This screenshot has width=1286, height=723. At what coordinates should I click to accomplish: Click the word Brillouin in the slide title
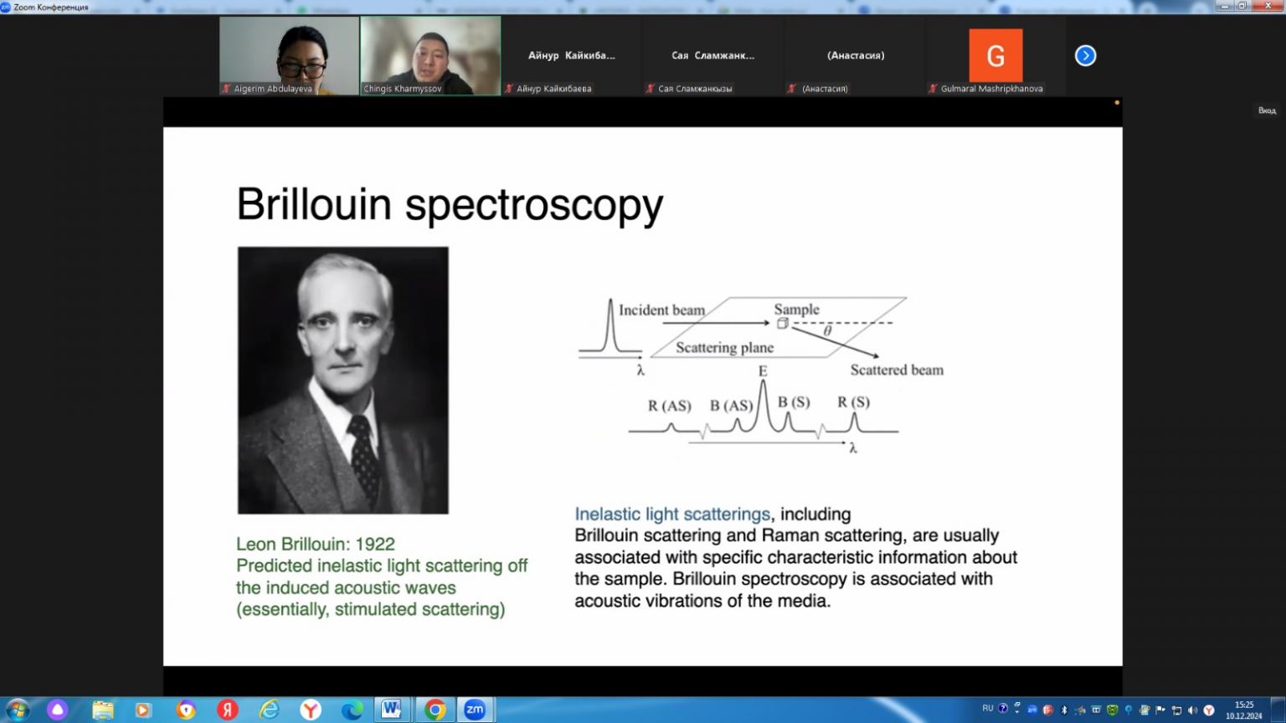point(314,203)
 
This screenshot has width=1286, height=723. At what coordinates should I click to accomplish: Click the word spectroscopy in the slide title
point(534,207)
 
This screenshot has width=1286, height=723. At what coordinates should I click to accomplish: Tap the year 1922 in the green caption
point(375,544)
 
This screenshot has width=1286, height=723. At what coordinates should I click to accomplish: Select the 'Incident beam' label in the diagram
point(662,310)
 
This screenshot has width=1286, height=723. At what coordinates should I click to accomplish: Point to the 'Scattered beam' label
point(897,370)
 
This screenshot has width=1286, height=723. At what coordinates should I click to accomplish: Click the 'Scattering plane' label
point(724,348)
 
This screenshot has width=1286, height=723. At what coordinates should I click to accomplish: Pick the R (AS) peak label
point(670,406)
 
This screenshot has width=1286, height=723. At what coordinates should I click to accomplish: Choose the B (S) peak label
point(794,403)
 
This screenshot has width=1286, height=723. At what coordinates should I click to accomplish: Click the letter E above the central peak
point(763,372)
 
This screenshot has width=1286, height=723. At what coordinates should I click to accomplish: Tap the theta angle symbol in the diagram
point(827,331)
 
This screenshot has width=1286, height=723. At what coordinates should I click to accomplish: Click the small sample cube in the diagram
point(783,324)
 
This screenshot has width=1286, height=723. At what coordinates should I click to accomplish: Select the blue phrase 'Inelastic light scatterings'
point(672,514)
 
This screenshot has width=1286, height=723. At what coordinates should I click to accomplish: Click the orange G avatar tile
point(995,56)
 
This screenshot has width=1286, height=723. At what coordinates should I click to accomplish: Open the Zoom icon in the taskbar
point(475,710)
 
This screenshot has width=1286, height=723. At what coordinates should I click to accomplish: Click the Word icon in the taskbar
point(392,710)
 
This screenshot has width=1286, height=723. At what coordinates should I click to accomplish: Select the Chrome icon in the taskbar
point(435,710)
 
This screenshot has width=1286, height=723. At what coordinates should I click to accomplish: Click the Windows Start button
point(18,710)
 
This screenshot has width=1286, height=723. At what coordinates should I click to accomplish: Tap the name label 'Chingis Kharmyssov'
point(403,89)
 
